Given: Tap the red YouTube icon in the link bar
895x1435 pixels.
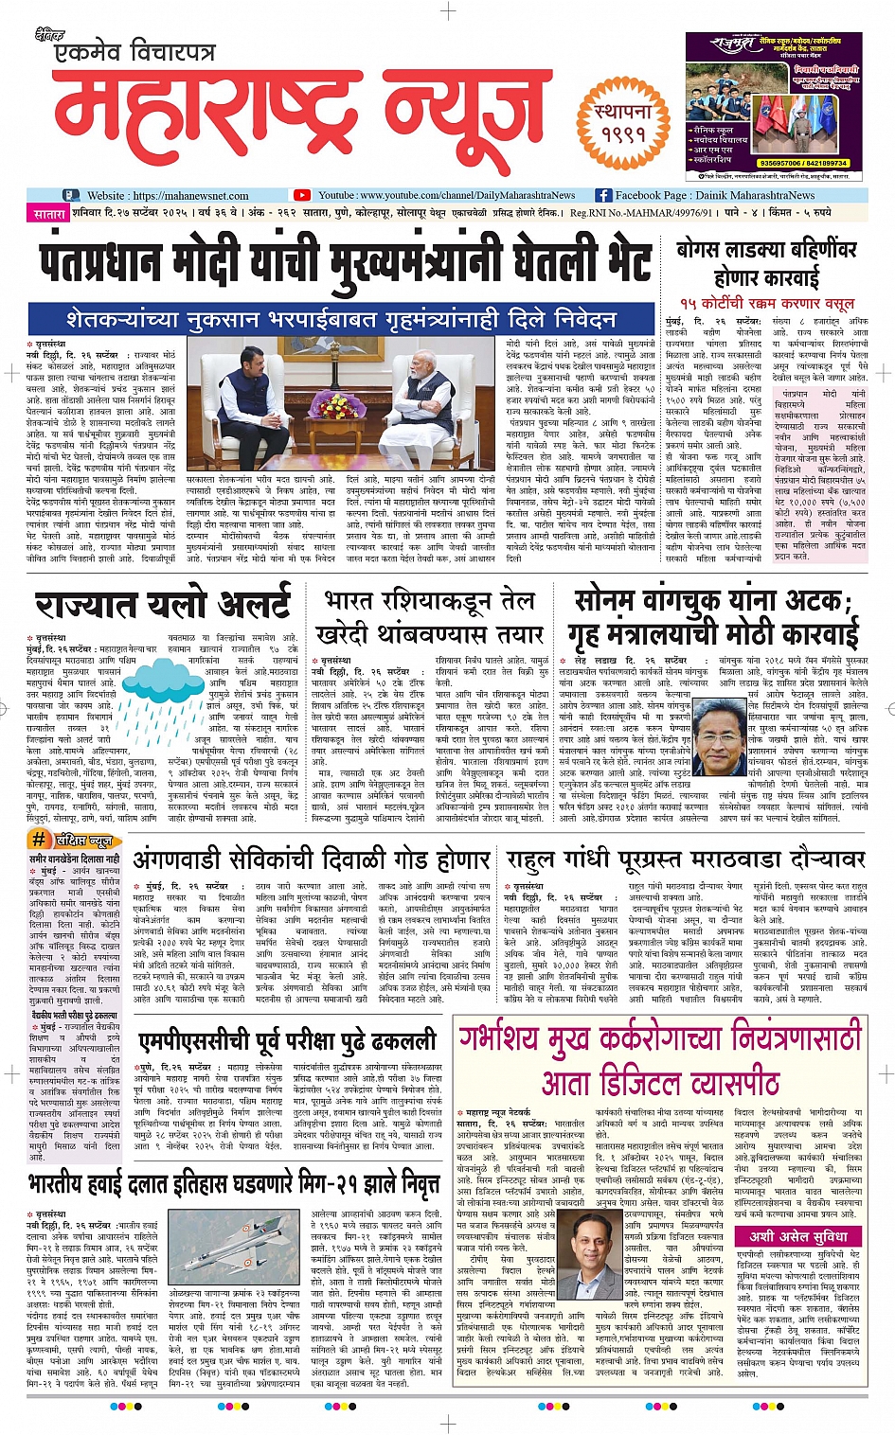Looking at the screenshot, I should (x=302, y=196).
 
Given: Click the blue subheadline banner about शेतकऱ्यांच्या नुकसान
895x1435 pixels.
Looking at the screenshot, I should (x=341, y=319).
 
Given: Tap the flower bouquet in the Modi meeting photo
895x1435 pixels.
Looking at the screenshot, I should (x=336, y=406).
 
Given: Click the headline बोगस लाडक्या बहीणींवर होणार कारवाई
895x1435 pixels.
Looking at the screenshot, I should (x=766, y=264).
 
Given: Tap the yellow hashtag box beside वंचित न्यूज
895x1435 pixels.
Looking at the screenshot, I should (x=40, y=839).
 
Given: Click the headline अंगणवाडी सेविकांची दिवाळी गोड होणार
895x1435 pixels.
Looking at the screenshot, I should (x=312, y=859).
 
